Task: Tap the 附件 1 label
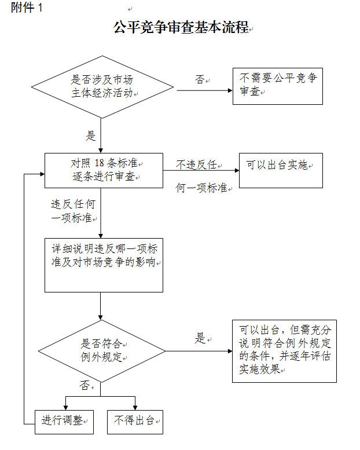click(27, 9)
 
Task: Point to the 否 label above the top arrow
click(200, 80)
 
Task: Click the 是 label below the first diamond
click(91, 136)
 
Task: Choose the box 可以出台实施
click(281, 170)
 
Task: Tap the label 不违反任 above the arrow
click(196, 164)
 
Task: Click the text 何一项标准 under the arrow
click(200, 188)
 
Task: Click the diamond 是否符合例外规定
click(101, 351)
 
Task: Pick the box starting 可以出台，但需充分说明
click(284, 350)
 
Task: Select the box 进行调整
click(64, 421)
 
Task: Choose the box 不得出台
click(135, 421)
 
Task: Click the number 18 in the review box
click(100, 164)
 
